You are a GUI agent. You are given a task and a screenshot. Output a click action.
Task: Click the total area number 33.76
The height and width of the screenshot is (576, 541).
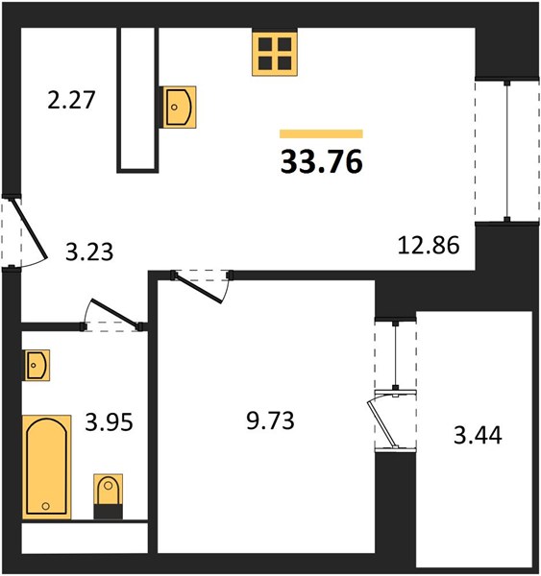(x=322, y=162)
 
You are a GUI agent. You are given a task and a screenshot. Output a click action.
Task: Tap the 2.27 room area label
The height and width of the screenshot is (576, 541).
(x=71, y=100)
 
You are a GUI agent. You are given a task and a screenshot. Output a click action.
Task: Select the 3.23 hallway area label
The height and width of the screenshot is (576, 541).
(x=89, y=252)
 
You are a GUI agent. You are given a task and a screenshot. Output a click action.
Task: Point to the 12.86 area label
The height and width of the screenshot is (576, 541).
(x=429, y=245)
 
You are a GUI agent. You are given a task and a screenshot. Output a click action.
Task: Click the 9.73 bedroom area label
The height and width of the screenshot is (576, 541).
(x=270, y=420)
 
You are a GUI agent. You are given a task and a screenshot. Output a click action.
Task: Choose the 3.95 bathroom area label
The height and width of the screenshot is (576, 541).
(x=109, y=421)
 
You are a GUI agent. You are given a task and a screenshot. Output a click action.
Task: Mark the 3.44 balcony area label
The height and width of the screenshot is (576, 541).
(x=478, y=435)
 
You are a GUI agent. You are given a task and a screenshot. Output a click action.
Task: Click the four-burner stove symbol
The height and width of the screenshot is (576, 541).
(x=275, y=54)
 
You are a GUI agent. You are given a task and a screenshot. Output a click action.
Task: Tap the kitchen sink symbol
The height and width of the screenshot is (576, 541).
(x=177, y=108)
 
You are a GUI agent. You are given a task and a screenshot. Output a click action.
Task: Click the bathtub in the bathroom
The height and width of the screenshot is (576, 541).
(x=46, y=467)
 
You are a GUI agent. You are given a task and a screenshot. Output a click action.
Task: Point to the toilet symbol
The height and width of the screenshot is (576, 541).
(x=109, y=496)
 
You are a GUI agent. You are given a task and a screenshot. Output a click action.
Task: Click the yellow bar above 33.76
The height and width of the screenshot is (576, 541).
(x=322, y=133)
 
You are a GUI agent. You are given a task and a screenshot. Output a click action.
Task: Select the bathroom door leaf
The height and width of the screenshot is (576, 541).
(x=115, y=313)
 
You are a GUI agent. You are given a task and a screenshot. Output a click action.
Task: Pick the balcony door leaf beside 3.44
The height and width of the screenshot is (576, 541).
(x=382, y=423)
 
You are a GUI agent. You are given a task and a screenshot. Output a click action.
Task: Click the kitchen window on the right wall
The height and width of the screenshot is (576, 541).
(x=507, y=151)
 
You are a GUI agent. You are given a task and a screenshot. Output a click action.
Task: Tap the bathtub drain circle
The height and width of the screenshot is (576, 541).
(x=45, y=506)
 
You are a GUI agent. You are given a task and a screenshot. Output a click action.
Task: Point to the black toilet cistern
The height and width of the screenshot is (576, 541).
(x=109, y=512)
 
